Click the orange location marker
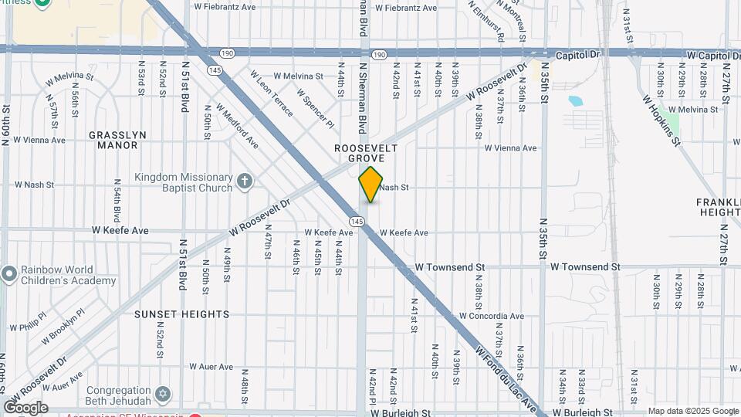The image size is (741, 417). click(x=370, y=185)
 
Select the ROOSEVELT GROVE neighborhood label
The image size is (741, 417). click(x=366, y=152)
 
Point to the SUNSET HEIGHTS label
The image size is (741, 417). click(x=182, y=314)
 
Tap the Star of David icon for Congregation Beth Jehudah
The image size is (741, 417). click(x=162, y=395)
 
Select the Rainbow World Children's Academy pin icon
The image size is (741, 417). click(x=9, y=274)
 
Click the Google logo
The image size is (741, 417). click(x=25, y=408)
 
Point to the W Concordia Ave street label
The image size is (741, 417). click(x=491, y=316)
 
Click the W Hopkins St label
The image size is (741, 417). click(x=663, y=120)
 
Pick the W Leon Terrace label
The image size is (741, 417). click(x=271, y=94)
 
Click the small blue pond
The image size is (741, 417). click(x=575, y=100)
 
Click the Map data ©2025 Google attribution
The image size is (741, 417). click(x=693, y=411)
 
